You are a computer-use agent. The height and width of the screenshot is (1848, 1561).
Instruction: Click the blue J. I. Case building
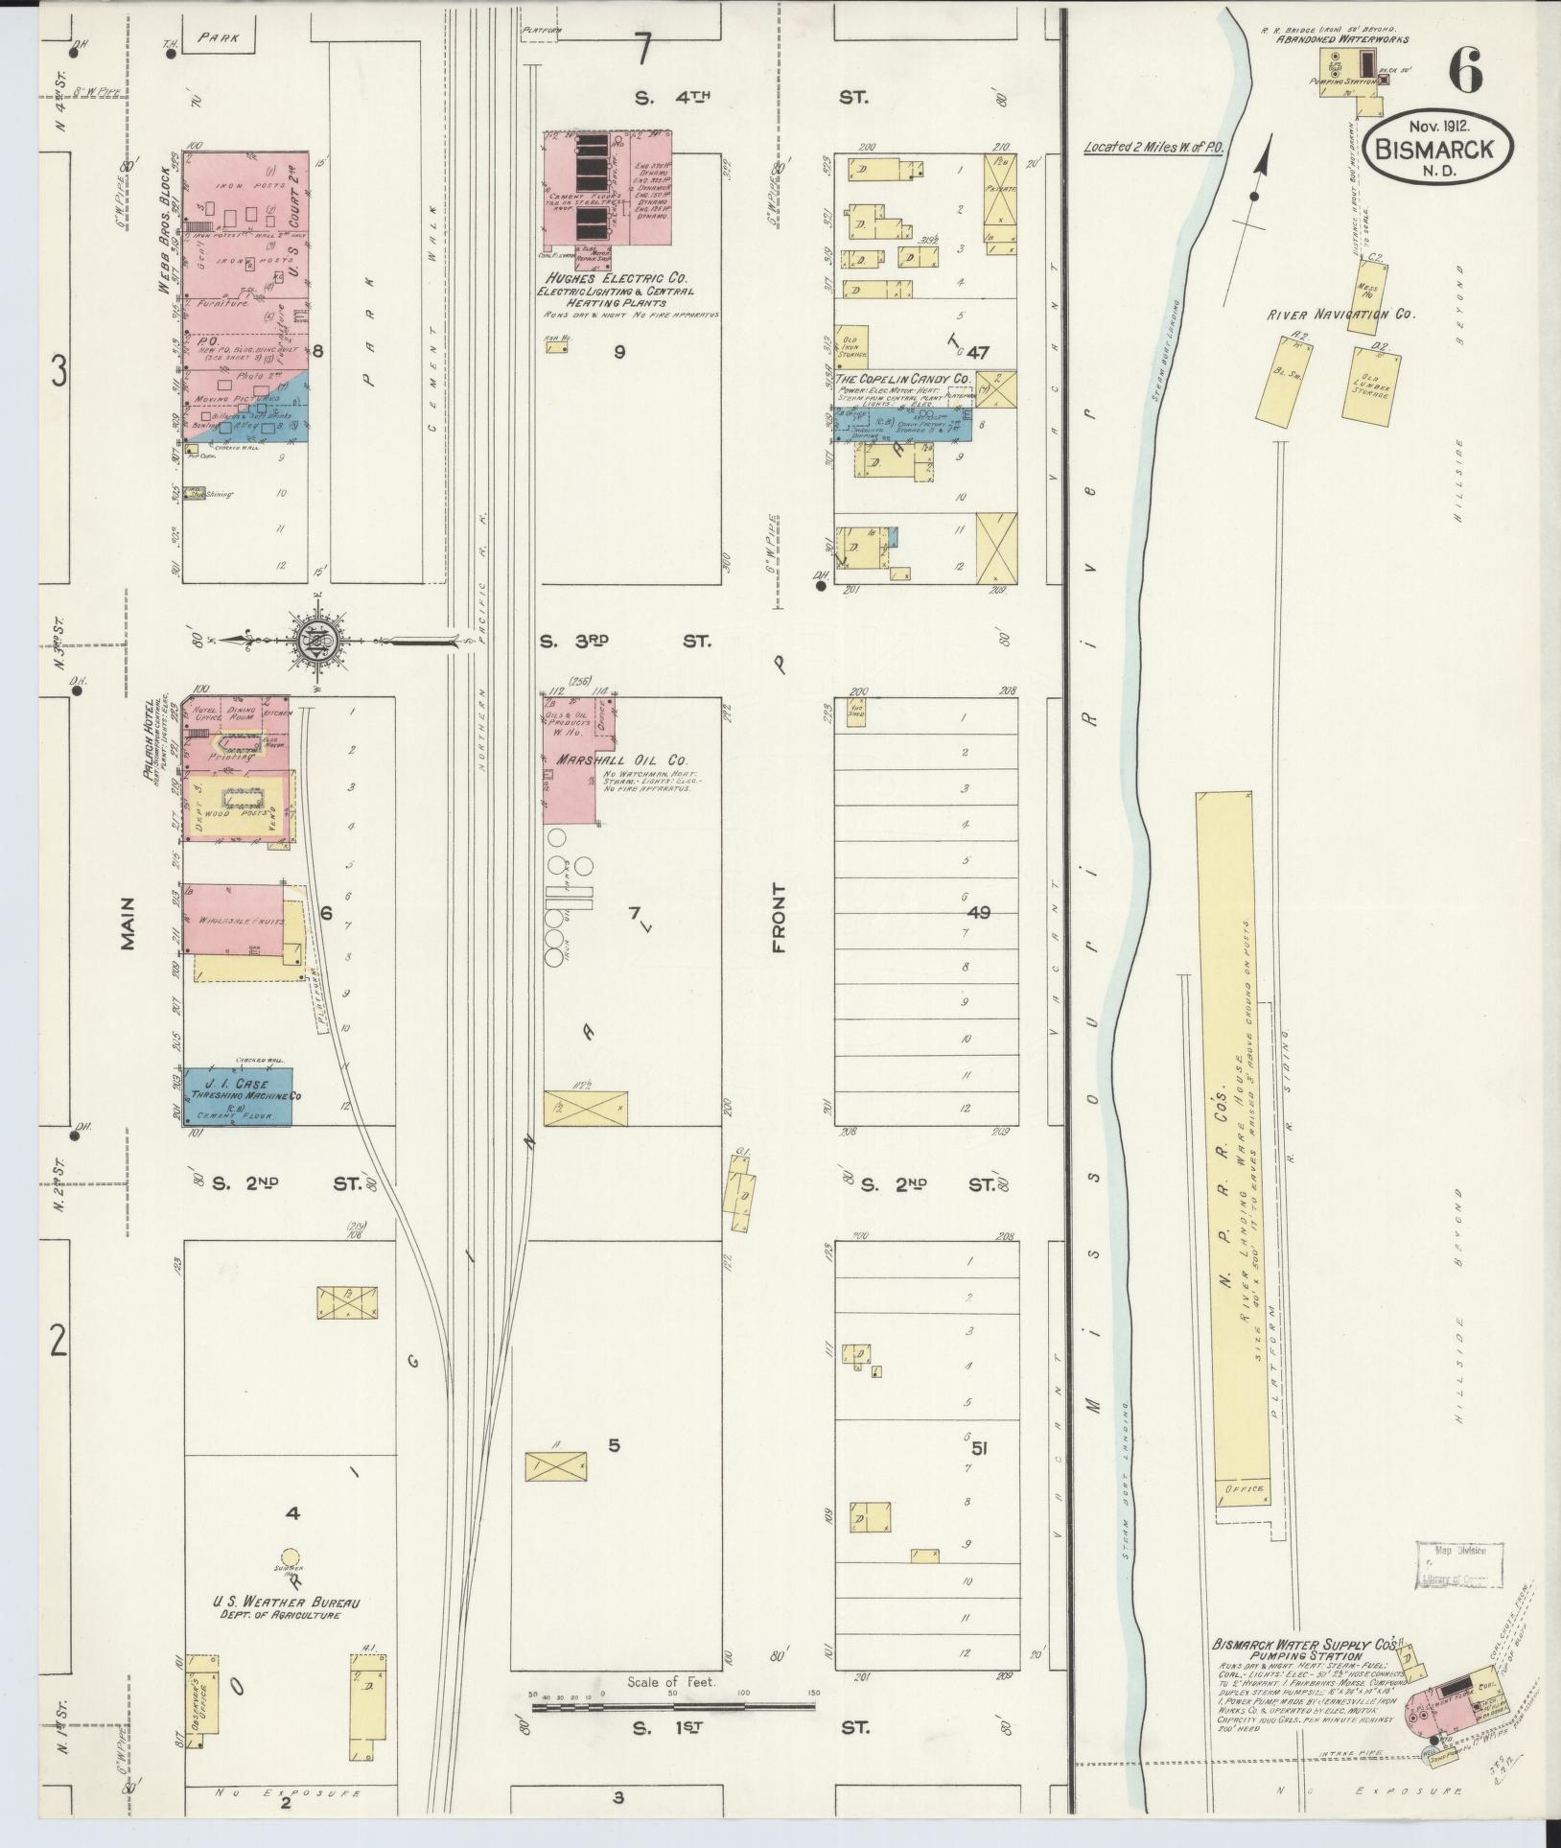tap(238, 1096)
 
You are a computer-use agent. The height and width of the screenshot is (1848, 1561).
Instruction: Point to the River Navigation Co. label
tap(1340, 314)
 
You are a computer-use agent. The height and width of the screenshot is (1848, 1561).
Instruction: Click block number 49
tap(978, 912)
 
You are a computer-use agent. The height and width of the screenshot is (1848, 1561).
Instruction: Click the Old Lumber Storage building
tap(1368, 385)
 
